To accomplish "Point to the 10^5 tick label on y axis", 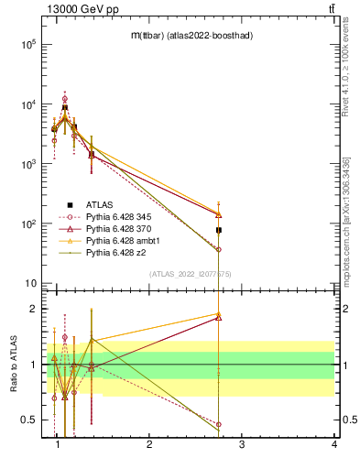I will pos(26,44).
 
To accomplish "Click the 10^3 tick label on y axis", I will pos(26,164).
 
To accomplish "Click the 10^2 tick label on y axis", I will pos(26,224).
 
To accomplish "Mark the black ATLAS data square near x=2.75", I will pos(219,230).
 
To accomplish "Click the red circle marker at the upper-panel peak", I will pos(64,98).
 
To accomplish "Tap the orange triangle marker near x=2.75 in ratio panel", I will pos(219,314).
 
